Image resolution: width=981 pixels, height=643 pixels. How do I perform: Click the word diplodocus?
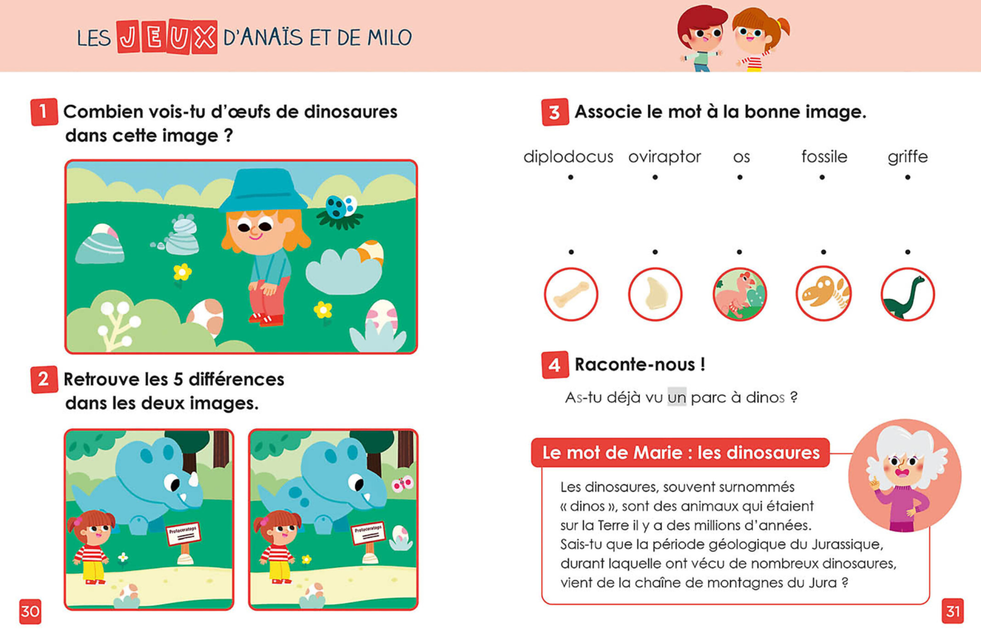[x=568, y=157]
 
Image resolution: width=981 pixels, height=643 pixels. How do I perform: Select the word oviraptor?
[x=665, y=157]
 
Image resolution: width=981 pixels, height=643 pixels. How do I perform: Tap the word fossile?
[x=824, y=157]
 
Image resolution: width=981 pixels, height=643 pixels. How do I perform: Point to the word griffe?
[x=908, y=157]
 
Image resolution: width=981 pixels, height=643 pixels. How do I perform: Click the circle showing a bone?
[x=571, y=294]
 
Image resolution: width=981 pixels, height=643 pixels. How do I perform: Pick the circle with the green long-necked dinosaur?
[x=908, y=294]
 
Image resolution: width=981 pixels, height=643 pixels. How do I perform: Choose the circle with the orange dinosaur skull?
[x=823, y=294]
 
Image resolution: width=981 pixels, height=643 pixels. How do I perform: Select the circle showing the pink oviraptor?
[x=739, y=294]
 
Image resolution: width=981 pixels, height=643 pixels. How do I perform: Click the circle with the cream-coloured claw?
[x=655, y=294]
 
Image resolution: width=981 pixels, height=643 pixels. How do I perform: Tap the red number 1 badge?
[x=44, y=112]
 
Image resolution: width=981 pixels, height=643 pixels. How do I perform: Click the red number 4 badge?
[x=555, y=365]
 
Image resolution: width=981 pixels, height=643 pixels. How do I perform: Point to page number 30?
[x=30, y=611]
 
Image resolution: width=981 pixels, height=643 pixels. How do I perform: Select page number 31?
[x=953, y=611]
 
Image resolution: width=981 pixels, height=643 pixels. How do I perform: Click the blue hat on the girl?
[x=263, y=190]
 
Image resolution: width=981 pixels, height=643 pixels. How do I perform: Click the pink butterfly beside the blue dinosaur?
[x=402, y=484]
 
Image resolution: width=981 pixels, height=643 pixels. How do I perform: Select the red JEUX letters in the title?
[x=167, y=37]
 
